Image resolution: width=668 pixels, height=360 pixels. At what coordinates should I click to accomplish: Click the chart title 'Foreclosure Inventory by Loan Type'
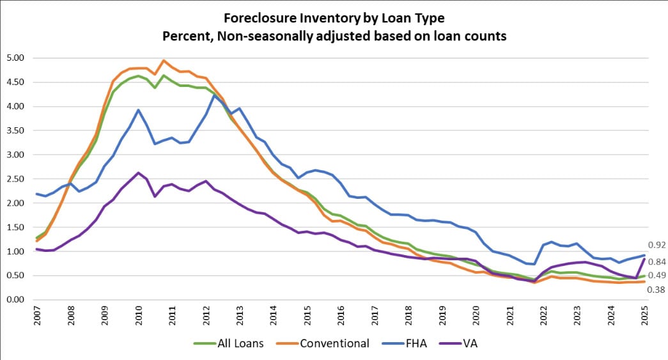point(334,17)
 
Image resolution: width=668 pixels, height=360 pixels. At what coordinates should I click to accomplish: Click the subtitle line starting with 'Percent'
point(334,36)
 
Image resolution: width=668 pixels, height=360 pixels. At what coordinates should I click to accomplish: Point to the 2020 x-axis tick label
point(474,318)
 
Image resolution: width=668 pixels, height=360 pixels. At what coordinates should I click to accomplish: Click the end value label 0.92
point(656,245)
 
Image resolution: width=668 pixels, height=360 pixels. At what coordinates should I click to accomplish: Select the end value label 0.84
point(656,262)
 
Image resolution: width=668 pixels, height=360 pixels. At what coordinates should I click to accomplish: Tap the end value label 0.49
point(656,276)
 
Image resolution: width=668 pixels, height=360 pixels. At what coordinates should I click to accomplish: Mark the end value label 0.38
point(656,290)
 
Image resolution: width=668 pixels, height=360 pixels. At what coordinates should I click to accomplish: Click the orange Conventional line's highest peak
point(164,61)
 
